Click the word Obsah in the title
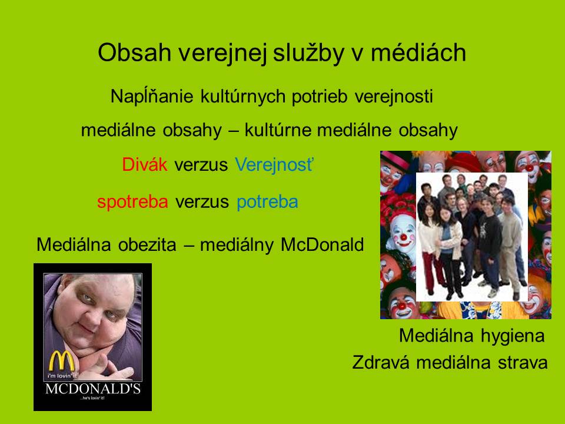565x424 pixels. click(x=134, y=52)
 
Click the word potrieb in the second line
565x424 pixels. click(x=320, y=96)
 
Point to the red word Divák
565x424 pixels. click(x=145, y=164)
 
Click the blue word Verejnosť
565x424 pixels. click(x=275, y=165)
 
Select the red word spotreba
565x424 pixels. click(x=132, y=202)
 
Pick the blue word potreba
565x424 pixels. click(x=267, y=202)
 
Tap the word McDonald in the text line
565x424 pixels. click(x=322, y=245)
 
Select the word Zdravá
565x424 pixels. click(x=381, y=362)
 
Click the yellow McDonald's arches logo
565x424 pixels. click(x=62, y=361)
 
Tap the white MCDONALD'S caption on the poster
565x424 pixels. click(x=93, y=389)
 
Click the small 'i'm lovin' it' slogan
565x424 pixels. click(x=62, y=376)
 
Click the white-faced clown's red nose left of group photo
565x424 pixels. click(x=404, y=237)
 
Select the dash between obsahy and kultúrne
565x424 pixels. click(x=234, y=131)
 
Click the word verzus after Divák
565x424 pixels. click(x=201, y=165)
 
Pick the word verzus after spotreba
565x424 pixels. click(x=202, y=202)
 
